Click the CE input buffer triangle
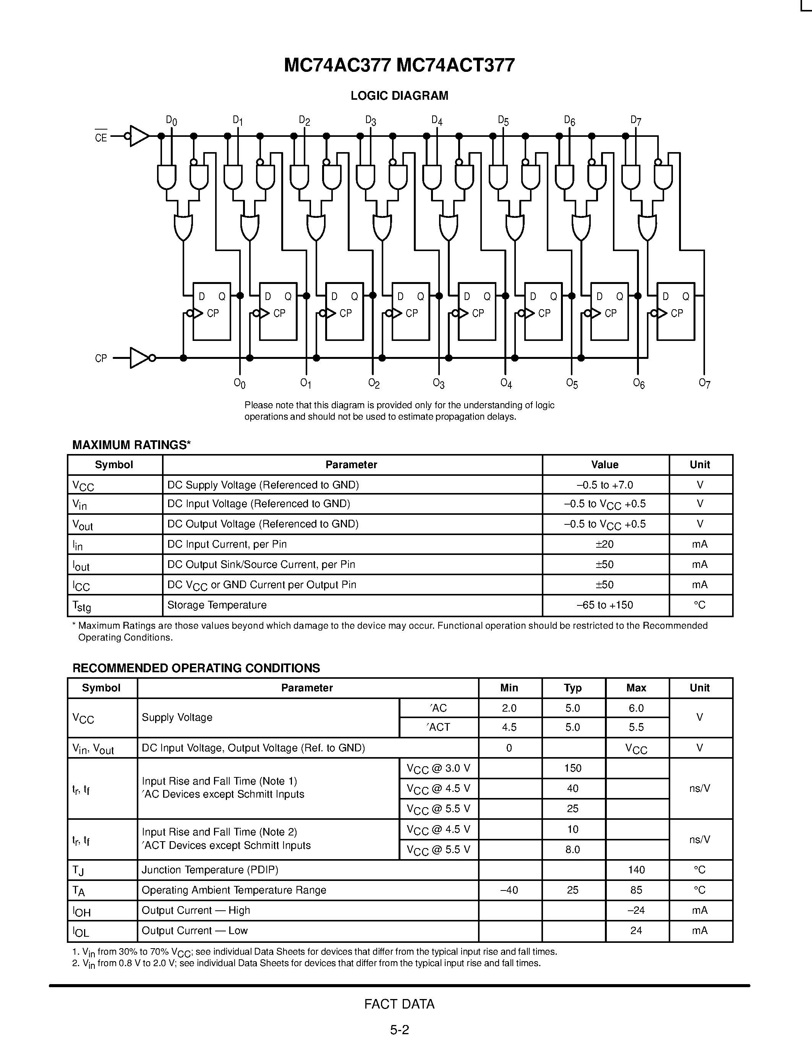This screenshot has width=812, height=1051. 139,136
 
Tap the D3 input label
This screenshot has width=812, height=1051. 370,120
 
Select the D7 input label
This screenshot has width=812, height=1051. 636,120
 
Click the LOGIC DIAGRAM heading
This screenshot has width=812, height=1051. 399,96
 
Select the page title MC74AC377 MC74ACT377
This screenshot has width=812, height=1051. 399,65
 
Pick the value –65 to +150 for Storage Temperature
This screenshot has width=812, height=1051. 605,605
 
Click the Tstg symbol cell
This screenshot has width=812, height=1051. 81,606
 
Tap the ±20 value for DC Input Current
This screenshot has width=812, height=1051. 605,544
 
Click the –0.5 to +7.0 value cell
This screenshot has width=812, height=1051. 605,485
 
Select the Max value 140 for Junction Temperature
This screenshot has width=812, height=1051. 636,869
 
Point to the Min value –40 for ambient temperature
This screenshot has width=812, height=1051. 509,890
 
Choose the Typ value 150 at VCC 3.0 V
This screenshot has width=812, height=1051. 572,768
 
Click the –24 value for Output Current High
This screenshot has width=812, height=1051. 636,910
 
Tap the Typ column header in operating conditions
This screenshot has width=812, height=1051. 572,688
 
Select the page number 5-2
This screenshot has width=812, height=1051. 399,1030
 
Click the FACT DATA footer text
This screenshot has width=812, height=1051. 399,1004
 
